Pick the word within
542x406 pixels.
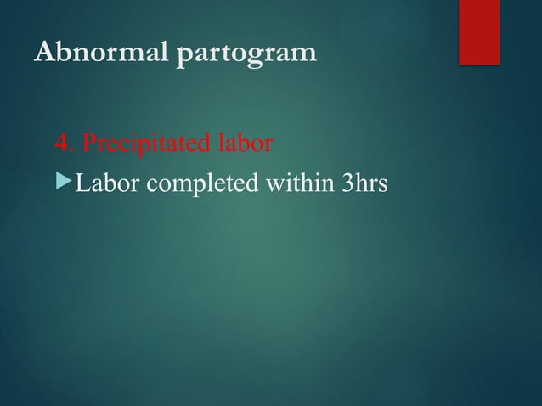(x=295, y=183)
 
